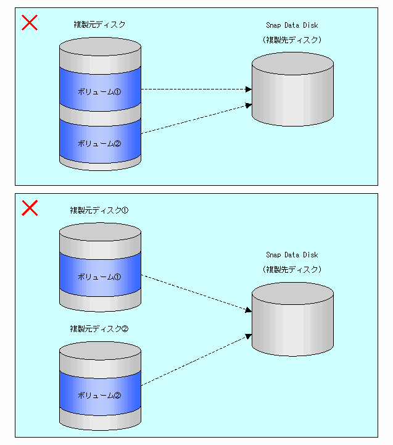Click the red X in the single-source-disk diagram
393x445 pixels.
click(30, 23)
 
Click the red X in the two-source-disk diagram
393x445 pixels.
click(30, 208)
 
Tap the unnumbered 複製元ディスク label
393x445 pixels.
click(99, 25)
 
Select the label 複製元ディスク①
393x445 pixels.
click(99, 210)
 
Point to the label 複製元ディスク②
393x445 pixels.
click(99, 328)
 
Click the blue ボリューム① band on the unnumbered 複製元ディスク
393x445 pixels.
click(100, 91)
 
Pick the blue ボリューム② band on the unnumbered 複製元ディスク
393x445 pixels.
click(100, 143)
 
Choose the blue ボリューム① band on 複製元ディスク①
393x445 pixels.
click(100, 277)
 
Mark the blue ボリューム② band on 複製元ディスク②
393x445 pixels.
click(100, 395)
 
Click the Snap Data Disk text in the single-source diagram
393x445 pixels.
click(292, 25)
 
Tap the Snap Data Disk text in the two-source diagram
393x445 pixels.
click(292, 255)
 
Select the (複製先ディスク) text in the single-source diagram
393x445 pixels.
click(292, 40)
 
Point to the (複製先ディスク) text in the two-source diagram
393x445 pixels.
click(292, 269)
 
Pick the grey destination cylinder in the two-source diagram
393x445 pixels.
click(293, 324)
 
